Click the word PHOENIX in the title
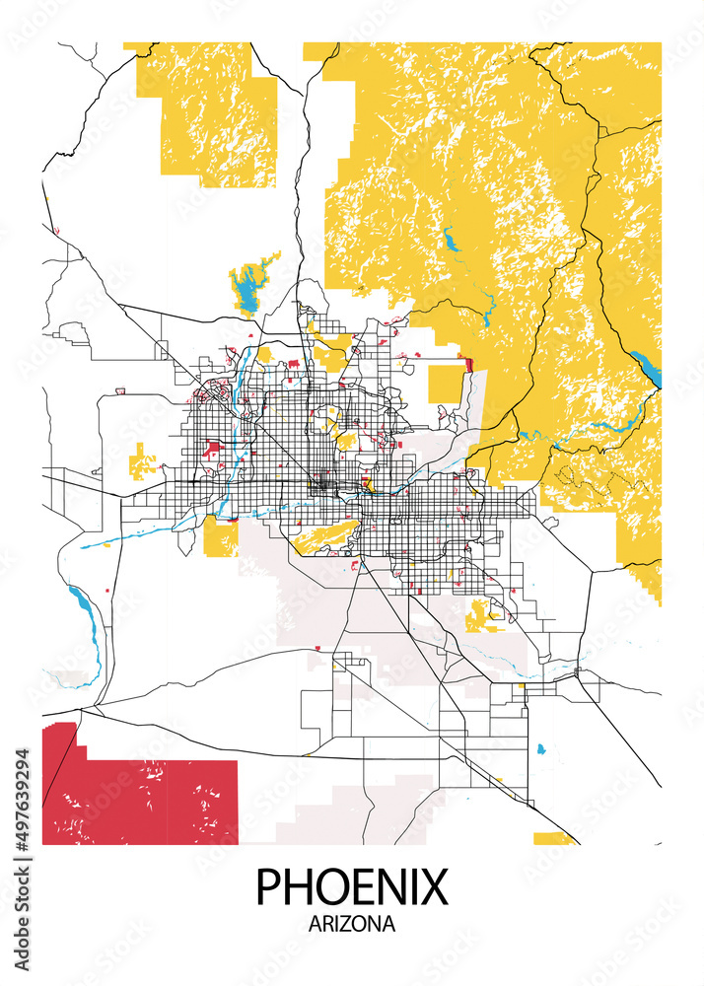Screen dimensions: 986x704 352,886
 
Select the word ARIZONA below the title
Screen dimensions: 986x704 352,925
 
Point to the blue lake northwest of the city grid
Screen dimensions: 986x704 246,292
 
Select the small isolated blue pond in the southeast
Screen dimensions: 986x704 540,749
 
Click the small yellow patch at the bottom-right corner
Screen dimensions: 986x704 552,838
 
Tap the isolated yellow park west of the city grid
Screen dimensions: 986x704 143,461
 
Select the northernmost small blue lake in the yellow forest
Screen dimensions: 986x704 452,240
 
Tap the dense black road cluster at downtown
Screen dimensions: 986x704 321,484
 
